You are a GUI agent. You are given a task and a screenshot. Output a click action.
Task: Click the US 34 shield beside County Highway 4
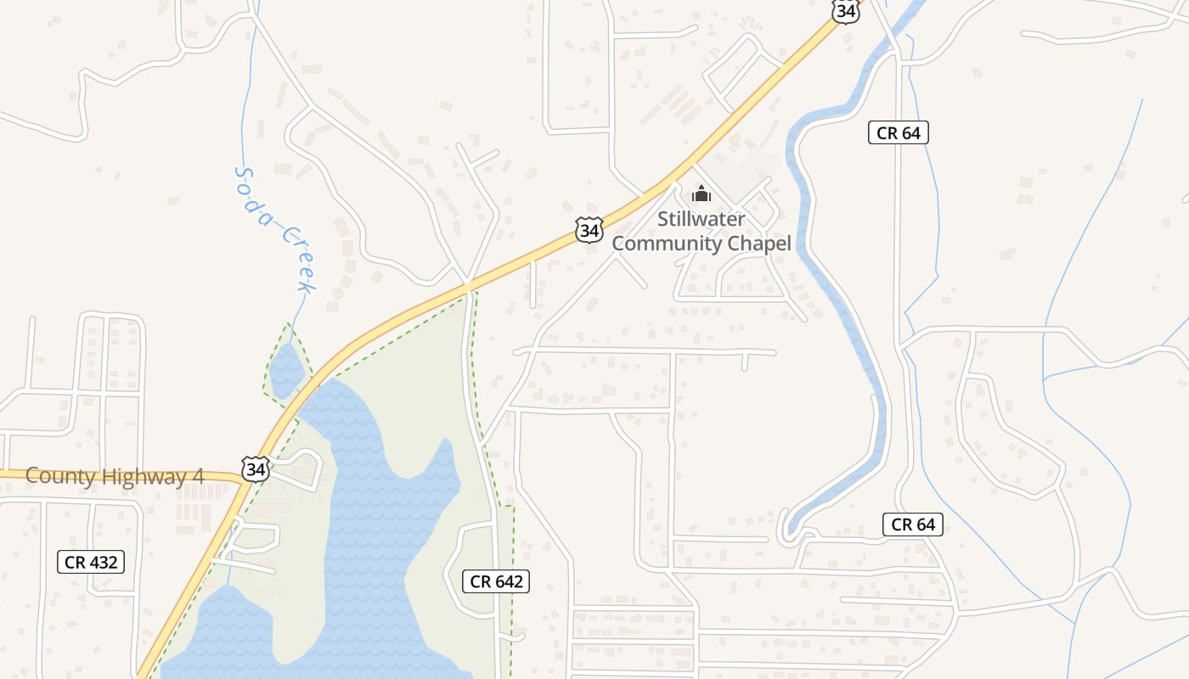255,469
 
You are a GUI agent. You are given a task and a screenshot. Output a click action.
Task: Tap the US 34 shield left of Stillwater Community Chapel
589,229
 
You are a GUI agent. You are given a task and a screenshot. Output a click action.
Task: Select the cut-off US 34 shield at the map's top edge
846,11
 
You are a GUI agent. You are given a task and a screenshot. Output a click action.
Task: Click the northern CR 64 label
899,132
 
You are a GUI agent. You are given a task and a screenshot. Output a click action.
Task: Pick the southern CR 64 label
913,525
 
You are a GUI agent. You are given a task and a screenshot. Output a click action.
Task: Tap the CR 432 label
91,562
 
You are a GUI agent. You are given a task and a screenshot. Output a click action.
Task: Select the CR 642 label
497,581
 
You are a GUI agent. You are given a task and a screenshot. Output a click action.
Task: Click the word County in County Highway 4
60,476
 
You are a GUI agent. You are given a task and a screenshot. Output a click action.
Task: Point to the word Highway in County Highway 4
141,476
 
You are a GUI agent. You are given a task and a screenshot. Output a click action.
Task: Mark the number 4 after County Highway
198,476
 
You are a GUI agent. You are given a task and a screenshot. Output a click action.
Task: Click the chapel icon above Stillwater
702,194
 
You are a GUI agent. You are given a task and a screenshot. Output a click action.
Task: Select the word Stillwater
702,219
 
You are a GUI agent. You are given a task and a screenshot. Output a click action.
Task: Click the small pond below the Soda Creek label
286,369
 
